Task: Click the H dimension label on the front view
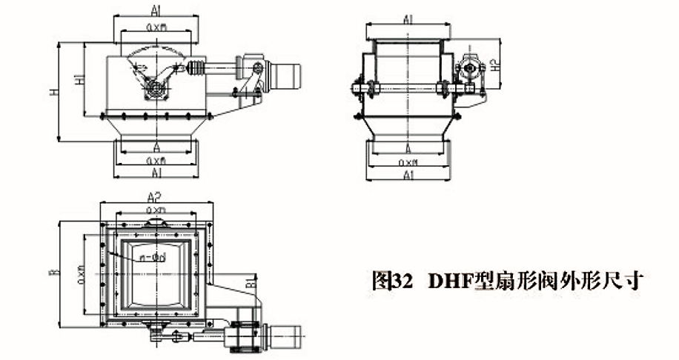[53, 93]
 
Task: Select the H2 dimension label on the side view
[495, 64]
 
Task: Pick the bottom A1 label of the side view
[407, 174]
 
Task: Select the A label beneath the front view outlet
[156, 147]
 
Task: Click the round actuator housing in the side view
[468, 70]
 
